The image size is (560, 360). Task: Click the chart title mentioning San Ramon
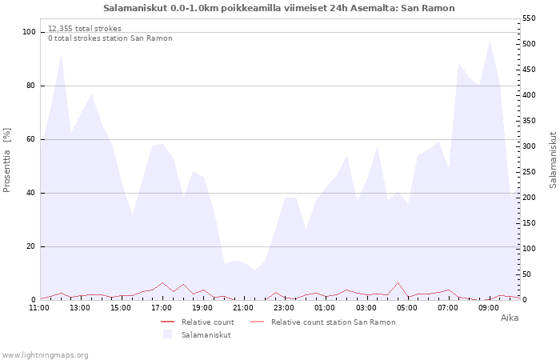[279, 8]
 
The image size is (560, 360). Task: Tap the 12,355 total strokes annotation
[85, 29]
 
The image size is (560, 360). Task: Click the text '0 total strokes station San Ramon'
[110, 38]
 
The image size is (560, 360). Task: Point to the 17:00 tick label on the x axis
[162, 308]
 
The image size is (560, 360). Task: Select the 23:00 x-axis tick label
[284, 308]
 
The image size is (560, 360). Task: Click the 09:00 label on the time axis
[488, 308]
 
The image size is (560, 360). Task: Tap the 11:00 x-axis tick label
[39, 308]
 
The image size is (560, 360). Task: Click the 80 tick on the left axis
[31, 86]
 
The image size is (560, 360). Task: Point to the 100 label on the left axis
[30, 32]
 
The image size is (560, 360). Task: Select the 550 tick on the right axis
[529, 18]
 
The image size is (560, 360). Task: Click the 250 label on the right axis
[529, 172]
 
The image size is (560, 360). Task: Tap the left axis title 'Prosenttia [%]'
[6, 160]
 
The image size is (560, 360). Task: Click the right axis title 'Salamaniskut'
[553, 160]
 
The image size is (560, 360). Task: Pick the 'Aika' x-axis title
[510, 318]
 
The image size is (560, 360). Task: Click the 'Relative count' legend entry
[198, 322]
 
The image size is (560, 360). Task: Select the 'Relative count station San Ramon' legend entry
[323, 322]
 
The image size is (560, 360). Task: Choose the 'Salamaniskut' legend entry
[197, 334]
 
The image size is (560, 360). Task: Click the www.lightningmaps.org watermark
[45, 355]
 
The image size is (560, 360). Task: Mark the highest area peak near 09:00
[490, 42]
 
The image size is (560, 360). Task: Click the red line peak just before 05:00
[398, 283]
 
